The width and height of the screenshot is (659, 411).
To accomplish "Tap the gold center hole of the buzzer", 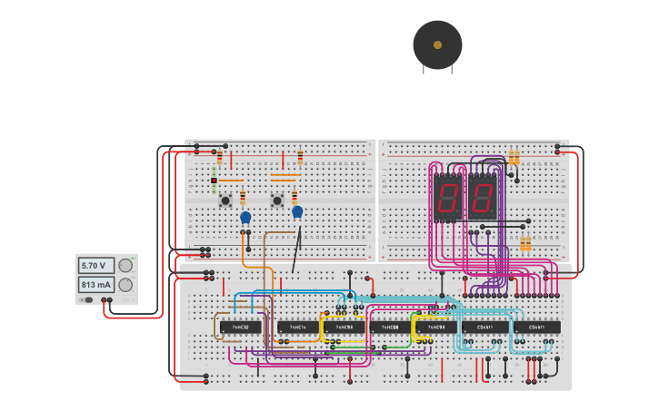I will (437, 44).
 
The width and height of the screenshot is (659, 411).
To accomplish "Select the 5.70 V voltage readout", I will (95, 266).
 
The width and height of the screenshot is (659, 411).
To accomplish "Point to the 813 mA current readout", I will (95, 285).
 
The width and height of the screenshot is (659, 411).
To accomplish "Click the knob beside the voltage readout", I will (125, 266).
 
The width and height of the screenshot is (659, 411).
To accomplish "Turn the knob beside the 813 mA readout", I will (125, 285).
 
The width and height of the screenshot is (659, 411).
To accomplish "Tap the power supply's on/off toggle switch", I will (87, 299).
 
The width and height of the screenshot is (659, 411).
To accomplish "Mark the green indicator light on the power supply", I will (133, 259).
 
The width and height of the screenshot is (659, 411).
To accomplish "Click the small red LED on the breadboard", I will (214, 181).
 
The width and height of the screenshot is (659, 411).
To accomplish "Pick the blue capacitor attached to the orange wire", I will (245, 218).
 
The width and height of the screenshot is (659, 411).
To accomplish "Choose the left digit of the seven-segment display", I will (447, 196).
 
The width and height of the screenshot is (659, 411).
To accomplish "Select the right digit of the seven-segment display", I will (481, 196).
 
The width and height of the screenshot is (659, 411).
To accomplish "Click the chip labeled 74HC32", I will (240, 327).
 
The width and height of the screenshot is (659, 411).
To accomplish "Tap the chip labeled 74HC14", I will (298, 327).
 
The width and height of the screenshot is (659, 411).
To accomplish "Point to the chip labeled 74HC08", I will (391, 327).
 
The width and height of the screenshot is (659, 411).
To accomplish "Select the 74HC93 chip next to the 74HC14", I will (344, 327).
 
